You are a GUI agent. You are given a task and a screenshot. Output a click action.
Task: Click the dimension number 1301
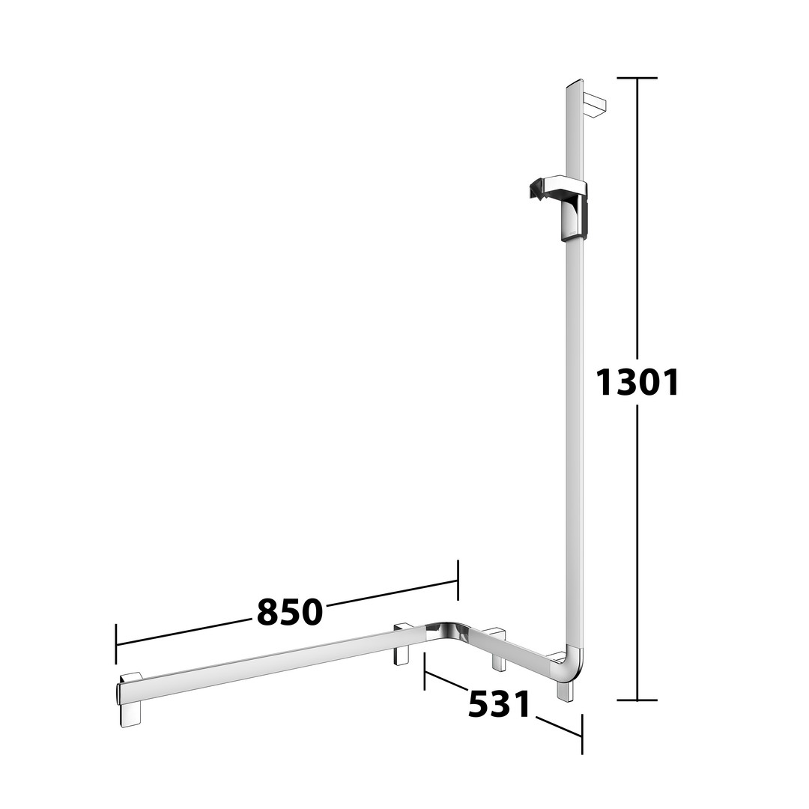tap(637, 382)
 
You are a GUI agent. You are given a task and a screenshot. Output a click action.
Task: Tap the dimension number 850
tap(290, 612)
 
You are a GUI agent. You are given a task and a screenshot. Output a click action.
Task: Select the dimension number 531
tap(499, 704)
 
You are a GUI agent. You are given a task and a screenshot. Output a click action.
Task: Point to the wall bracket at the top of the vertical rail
tap(594, 106)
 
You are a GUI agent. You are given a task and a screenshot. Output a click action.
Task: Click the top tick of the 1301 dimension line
tap(637, 78)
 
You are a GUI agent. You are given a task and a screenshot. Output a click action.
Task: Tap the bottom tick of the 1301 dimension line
tap(637, 700)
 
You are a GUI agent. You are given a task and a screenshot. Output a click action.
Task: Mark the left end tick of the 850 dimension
tap(116, 644)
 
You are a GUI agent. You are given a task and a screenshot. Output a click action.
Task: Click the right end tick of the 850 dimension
tap(458, 580)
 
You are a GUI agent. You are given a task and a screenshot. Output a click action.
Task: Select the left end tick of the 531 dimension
tap(425, 670)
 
